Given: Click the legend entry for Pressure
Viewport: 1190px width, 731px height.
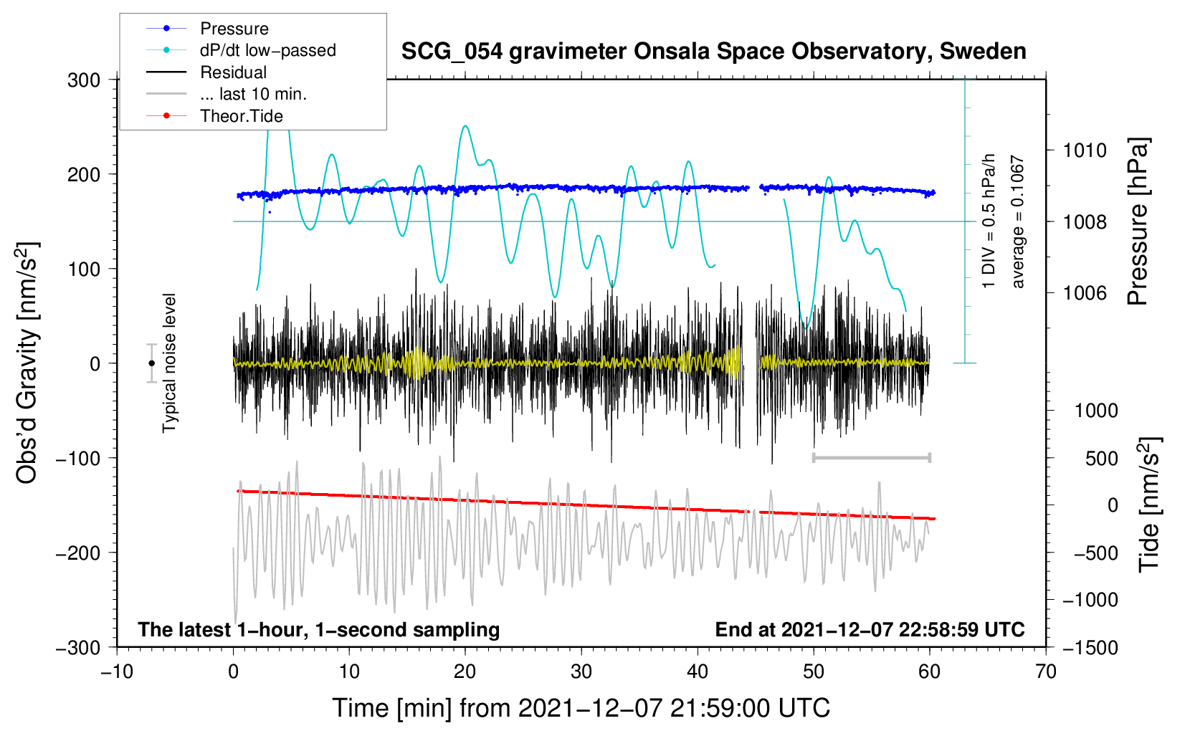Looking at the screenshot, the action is (x=208, y=28).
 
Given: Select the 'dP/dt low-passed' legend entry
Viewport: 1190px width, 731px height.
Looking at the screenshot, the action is (x=241, y=50).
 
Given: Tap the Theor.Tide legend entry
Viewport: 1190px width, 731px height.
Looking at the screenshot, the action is (x=214, y=116).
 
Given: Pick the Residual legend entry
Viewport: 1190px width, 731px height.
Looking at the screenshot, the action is (x=206, y=72).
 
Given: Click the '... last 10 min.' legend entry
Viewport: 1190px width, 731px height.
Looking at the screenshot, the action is (x=227, y=94).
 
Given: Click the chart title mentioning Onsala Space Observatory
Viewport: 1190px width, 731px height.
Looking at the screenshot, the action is (x=713, y=52).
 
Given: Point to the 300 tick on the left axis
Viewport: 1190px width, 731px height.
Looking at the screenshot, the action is (x=84, y=80).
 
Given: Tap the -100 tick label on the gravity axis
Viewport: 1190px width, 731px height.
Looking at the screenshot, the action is (x=78, y=458).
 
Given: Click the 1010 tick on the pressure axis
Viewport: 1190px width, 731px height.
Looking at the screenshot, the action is (x=1085, y=150).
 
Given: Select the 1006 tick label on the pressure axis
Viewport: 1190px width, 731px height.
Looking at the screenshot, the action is (x=1085, y=292).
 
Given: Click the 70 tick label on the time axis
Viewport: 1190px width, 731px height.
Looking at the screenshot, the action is (x=1045, y=672).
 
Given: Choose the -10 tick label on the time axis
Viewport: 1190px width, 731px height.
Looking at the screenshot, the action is (x=117, y=672).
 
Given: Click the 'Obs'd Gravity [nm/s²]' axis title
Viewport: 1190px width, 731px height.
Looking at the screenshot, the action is (x=28, y=363).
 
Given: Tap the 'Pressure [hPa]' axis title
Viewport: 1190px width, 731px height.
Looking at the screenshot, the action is (x=1138, y=221).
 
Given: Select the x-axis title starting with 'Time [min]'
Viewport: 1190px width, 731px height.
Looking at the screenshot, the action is (x=581, y=708).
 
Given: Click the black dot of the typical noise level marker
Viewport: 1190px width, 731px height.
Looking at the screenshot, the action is (x=151, y=363).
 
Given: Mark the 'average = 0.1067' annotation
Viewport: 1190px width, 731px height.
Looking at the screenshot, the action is (x=1017, y=221).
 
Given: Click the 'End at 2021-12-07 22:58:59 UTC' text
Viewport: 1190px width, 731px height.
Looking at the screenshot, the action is (x=870, y=629).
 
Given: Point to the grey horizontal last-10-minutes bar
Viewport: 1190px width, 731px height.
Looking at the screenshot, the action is (x=871, y=457).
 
